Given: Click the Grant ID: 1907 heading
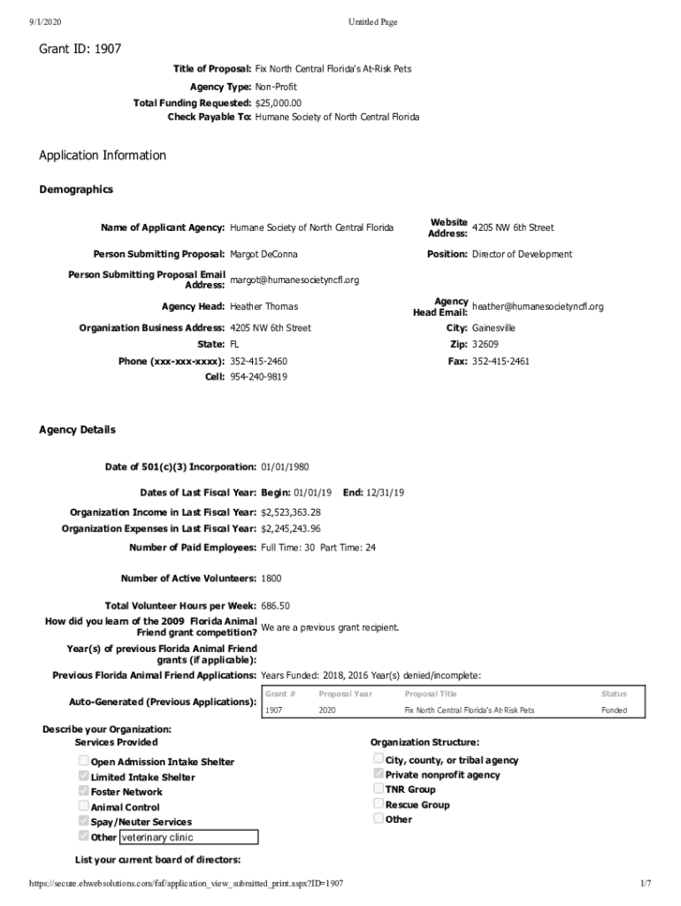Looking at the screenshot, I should click(x=80, y=50).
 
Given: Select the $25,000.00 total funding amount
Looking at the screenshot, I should click(x=284, y=103).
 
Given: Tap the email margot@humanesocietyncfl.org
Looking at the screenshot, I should click(x=295, y=280).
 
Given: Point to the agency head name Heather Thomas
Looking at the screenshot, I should click(x=264, y=307).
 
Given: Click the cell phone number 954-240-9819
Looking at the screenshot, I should click(x=258, y=377).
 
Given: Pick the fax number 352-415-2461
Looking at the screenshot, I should click(x=501, y=362).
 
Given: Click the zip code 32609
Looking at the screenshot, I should click(x=485, y=344).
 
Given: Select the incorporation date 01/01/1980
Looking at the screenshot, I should click(x=285, y=467).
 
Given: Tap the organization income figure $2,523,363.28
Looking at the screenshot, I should click(x=290, y=512).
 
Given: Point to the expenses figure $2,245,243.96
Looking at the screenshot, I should click(x=290, y=529).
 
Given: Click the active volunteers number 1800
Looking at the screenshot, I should click(x=271, y=579).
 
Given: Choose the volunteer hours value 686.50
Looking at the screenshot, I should click(x=275, y=606).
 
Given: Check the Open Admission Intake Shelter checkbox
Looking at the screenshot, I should click(x=83, y=761).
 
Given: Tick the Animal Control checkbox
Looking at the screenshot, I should click(x=83, y=806).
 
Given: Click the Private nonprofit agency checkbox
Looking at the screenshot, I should click(x=379, y=774).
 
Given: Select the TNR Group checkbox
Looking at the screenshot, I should click(x=379, y=788).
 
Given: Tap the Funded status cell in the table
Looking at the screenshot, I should click(x=613, y=710).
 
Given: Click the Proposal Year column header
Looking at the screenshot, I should click(x=340, y=695).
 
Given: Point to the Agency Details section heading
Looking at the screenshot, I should click(x=77, y=430).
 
